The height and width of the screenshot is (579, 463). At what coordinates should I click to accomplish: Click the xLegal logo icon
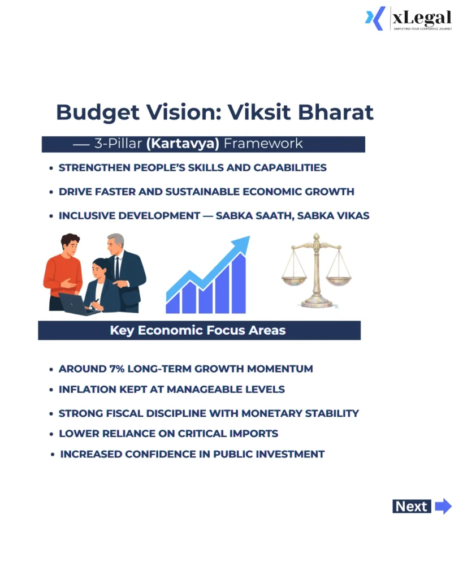pyautogui.click(x=375, y=18)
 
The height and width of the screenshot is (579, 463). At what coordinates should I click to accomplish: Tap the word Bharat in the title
pyautogui.click(x=339, y=112)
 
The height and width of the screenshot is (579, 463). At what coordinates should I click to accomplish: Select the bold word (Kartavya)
pyautogui.click(x=183, y=144)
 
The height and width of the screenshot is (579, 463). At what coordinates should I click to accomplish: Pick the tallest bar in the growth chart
pyautogui.click(x=239, y=283)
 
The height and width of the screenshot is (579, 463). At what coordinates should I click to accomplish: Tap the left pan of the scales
pyautogui.click(x=294, y=279)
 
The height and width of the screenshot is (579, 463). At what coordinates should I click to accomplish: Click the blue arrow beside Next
pyautogui.click(x=443, y=506)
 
